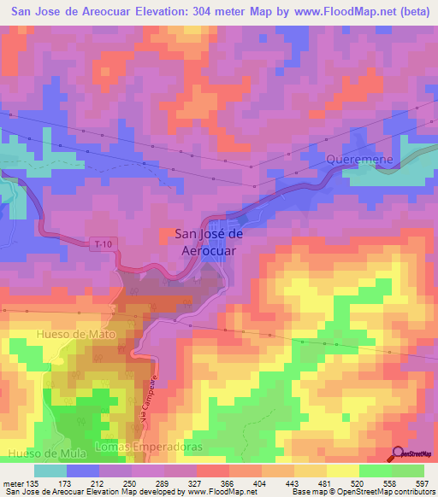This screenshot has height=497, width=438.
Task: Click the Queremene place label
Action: pos(358,159)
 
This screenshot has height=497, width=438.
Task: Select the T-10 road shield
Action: pos(102,244)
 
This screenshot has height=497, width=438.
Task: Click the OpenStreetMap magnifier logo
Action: pos(400,453)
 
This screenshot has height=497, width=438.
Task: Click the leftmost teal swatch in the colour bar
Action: pos(50,471)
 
